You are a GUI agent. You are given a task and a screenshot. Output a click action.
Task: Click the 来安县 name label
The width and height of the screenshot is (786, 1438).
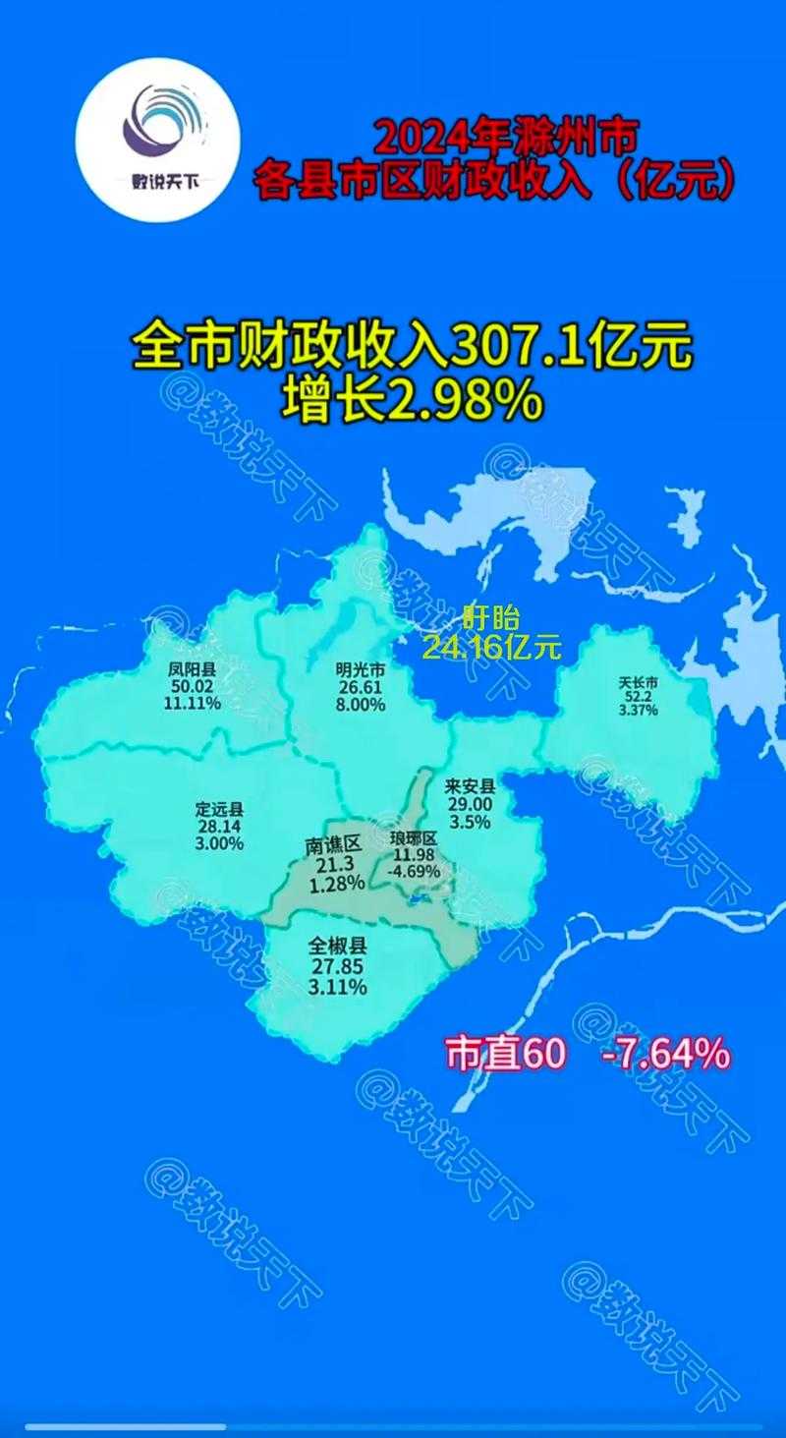click(471, 786)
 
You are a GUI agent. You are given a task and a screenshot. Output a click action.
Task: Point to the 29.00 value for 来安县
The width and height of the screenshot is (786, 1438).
click(471, 804)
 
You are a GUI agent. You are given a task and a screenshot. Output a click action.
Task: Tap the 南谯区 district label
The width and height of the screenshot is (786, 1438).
click(335, 844)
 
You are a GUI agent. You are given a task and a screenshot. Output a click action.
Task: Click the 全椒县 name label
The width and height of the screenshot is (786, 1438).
click(337, 947)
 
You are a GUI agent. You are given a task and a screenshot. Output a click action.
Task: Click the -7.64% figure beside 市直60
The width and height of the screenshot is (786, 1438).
click(665, 1054)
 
